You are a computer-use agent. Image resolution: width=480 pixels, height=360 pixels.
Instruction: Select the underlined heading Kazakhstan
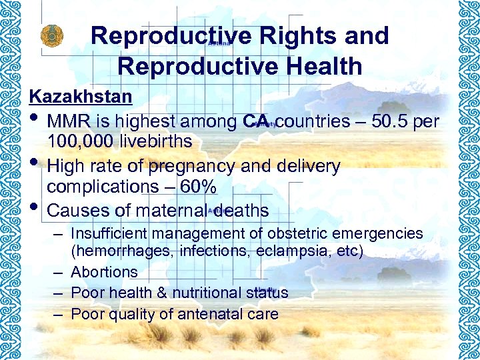tap(81, 97)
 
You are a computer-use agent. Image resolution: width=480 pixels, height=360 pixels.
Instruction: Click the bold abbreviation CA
tap(256, 121)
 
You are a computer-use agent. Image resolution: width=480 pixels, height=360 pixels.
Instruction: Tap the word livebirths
tap(157, 141)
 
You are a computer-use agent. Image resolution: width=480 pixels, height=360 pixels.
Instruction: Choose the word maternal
tap(172, 211)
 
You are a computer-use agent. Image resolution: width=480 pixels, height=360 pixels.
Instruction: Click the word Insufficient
tap(109, 233)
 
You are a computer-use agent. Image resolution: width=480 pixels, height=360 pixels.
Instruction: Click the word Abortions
tap(104, 272)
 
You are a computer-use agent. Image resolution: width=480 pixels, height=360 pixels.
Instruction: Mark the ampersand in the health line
tap(163, 293)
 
